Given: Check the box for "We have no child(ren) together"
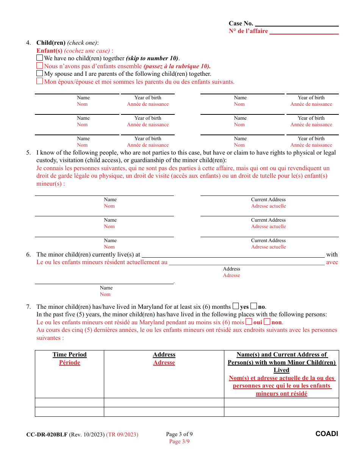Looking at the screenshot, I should [x=39, y=58].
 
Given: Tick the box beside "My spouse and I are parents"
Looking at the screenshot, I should [x=39, y=73].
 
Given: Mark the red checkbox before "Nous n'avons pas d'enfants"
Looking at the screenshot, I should [x=39, y=66].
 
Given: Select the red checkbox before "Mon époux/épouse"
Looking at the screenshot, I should [x=39, y=81].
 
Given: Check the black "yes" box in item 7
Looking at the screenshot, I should [x=236, y=306].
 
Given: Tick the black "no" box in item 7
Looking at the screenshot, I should [x=254, y=306].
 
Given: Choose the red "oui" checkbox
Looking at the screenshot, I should [x=249, y=322].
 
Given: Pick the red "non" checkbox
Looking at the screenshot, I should [x=267, y=322].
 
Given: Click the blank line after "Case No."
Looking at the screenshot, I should [x=296, y=24].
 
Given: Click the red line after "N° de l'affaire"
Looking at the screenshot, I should [x=304, y=32].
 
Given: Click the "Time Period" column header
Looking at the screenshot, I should [x=70, y=355].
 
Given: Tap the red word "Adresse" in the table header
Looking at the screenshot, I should [x=164, y=363].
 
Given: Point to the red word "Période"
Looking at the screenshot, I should [x=70, y=363].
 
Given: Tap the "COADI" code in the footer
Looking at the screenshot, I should [x=327, y=434].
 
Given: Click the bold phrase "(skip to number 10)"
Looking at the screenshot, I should [x=152, y=58].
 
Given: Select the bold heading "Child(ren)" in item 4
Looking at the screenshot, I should [x=51, y=43].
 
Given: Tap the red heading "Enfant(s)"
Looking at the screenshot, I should [x=49, y=51].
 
